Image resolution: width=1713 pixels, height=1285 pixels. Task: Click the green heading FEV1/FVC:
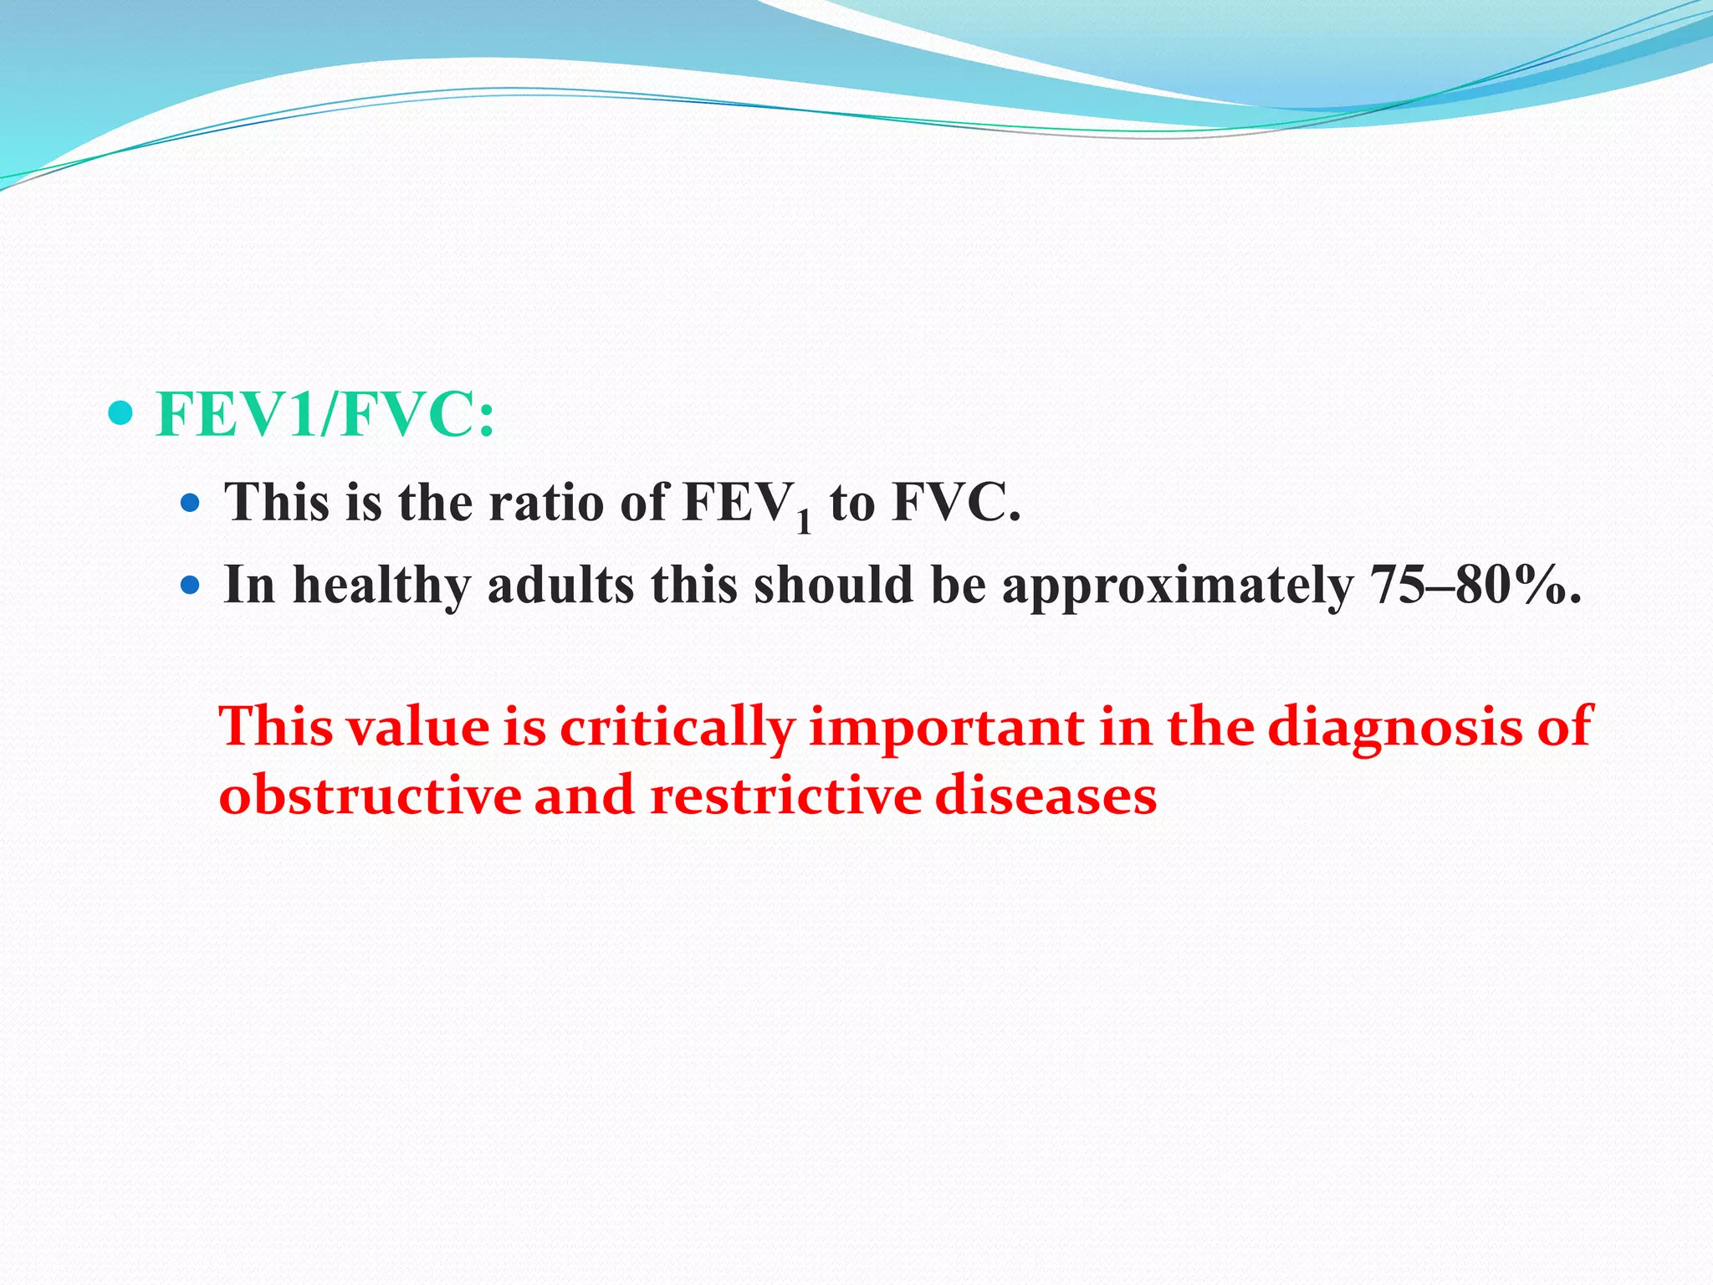tap(325, 415)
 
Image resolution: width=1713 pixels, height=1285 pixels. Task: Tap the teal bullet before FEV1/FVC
tap(121, 412)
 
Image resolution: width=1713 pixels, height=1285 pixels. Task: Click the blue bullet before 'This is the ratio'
tap(191, 503)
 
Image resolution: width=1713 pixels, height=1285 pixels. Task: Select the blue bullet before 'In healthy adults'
tap(191, 585)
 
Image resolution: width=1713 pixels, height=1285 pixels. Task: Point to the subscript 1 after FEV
tap(804, 522)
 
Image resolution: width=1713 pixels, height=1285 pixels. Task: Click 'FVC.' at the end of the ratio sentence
tap(956, 503)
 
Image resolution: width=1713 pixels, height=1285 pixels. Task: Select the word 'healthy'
tap(381, 585)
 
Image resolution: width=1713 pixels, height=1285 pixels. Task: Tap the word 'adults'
tap(560, 585)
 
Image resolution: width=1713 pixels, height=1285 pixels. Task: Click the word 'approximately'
tap(1177, 585)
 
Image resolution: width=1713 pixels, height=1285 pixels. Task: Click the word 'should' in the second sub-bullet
tap(833, 585)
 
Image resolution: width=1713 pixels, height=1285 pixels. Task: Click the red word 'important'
tap(946, 727)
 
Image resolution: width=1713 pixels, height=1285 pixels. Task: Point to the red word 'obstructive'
tap(370, 795)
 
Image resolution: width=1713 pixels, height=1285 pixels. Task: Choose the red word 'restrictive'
tap(785, 795)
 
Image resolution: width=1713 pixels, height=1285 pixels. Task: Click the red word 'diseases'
tap(1046, 795)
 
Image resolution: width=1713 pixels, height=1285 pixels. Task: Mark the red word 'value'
tap(418, 727)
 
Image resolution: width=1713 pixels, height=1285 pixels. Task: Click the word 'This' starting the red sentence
tap(276, 727)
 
